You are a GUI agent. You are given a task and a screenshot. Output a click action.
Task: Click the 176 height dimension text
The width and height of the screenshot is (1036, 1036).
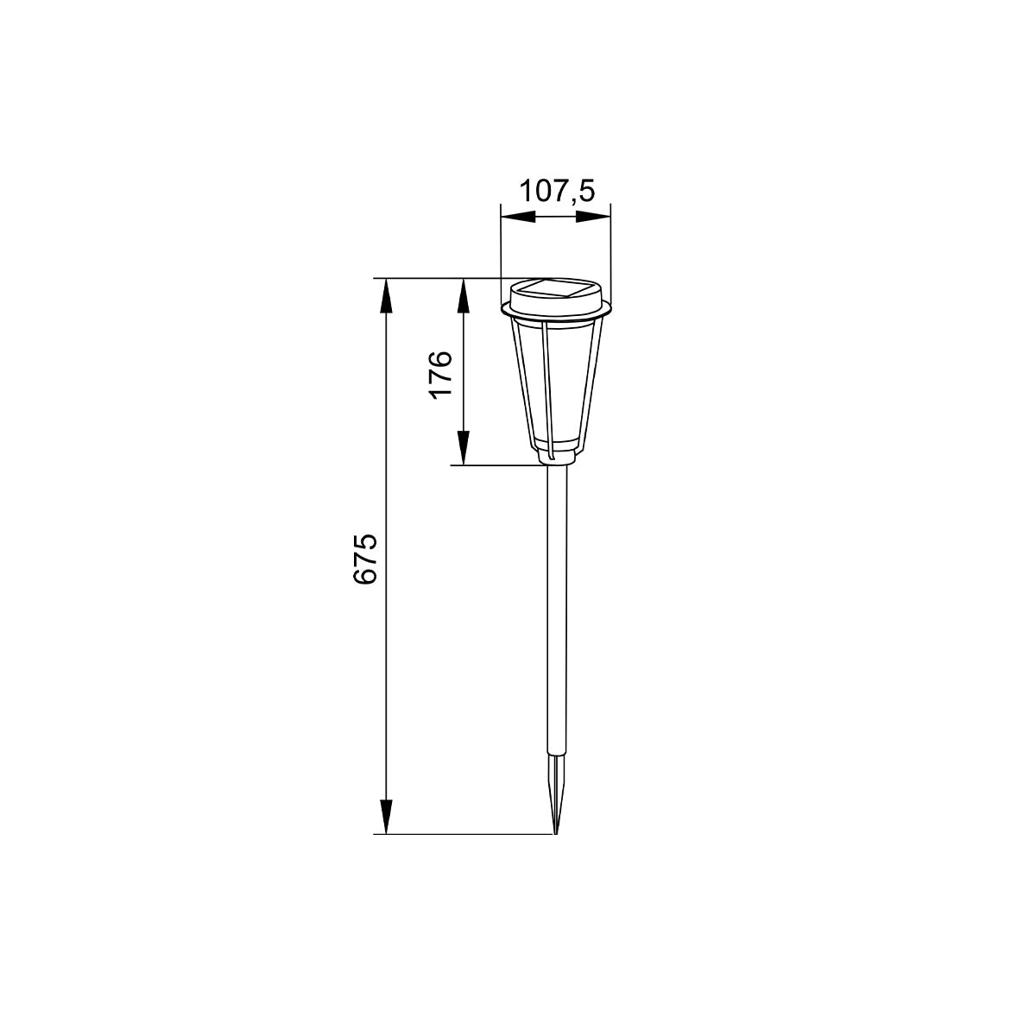click(x=440, y=373)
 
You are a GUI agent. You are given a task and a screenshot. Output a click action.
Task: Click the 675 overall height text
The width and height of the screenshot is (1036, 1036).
click(x=364, y=560)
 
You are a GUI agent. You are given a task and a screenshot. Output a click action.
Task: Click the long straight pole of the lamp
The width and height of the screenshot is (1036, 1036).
click(x=557, y=604)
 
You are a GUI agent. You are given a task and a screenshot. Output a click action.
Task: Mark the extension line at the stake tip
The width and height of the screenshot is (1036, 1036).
click(x=466, y=834)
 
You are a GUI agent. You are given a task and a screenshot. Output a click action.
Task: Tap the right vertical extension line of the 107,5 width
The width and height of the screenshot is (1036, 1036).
click(x=610, y=250)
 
